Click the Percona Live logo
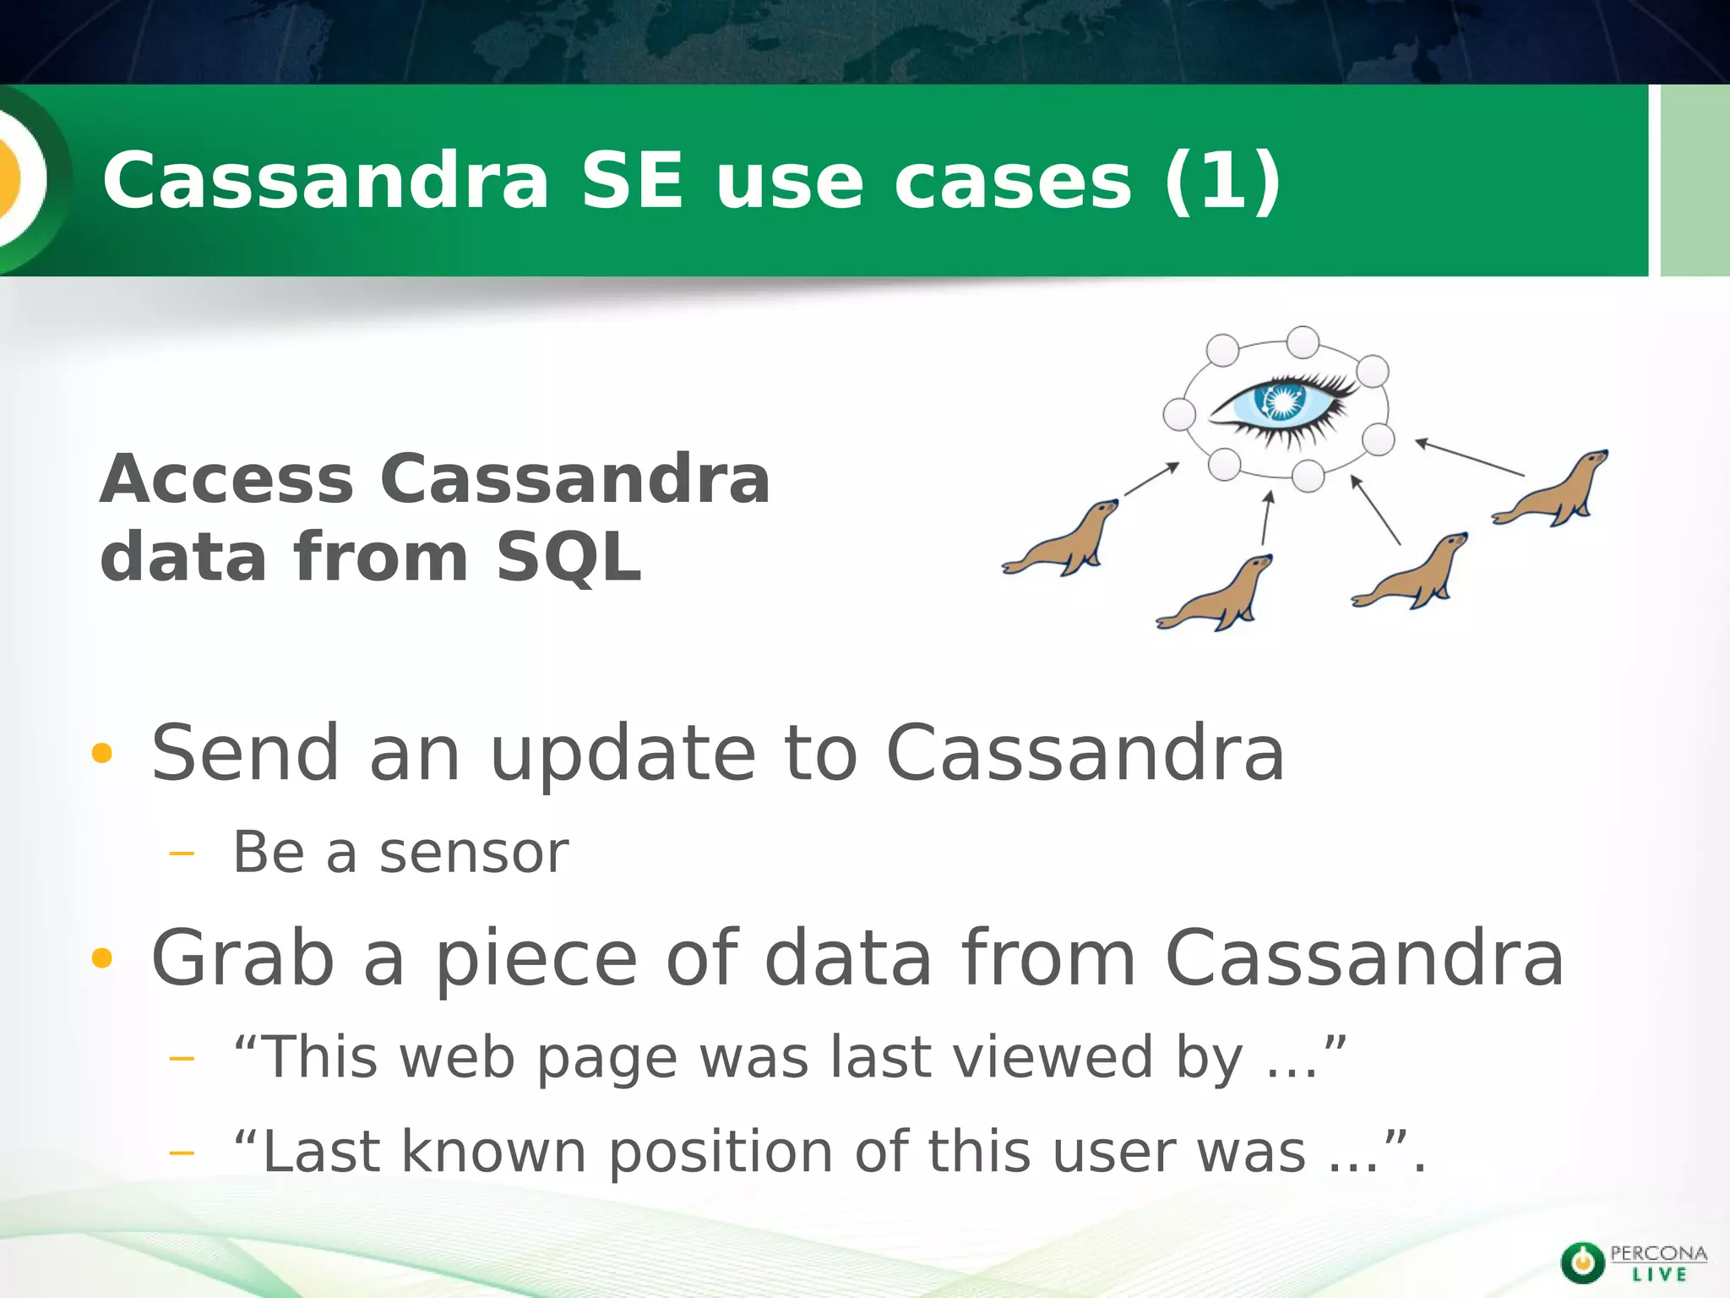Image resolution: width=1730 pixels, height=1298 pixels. [1633, 1263]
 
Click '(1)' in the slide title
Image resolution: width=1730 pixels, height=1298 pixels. [1222, 180]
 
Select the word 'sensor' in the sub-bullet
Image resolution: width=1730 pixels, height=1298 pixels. [474, 854]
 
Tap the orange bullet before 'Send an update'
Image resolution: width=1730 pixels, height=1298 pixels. [101, 753]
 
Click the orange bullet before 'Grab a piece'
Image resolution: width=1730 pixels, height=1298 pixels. [101, 957]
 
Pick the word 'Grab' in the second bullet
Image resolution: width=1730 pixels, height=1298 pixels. [242, 957]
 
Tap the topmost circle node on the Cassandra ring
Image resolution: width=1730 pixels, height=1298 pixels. [1303, 342]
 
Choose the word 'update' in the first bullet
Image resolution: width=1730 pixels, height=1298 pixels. [623, 753]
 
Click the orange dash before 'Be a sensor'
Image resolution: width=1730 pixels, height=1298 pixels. [181, 854]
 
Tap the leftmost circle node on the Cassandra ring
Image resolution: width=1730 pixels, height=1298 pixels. [1179, 414]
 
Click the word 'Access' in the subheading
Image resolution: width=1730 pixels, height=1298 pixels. [226, 479]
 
